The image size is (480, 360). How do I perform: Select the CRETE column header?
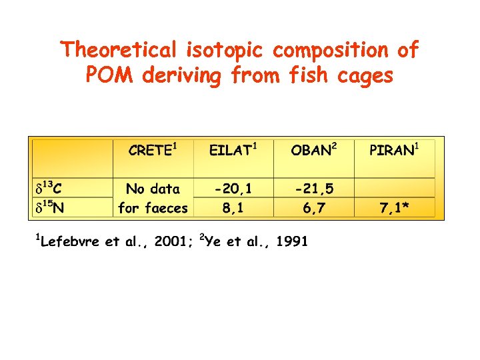[152, 150]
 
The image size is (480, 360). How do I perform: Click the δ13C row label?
[49, 189]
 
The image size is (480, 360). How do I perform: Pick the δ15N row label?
[49, 207]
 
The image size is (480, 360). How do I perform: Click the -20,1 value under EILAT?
[233, 189]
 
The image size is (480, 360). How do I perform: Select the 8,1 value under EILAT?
[233, 208]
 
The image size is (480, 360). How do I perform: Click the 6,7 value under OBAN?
[314, 208]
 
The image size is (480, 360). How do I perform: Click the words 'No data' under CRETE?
[153, 189]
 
